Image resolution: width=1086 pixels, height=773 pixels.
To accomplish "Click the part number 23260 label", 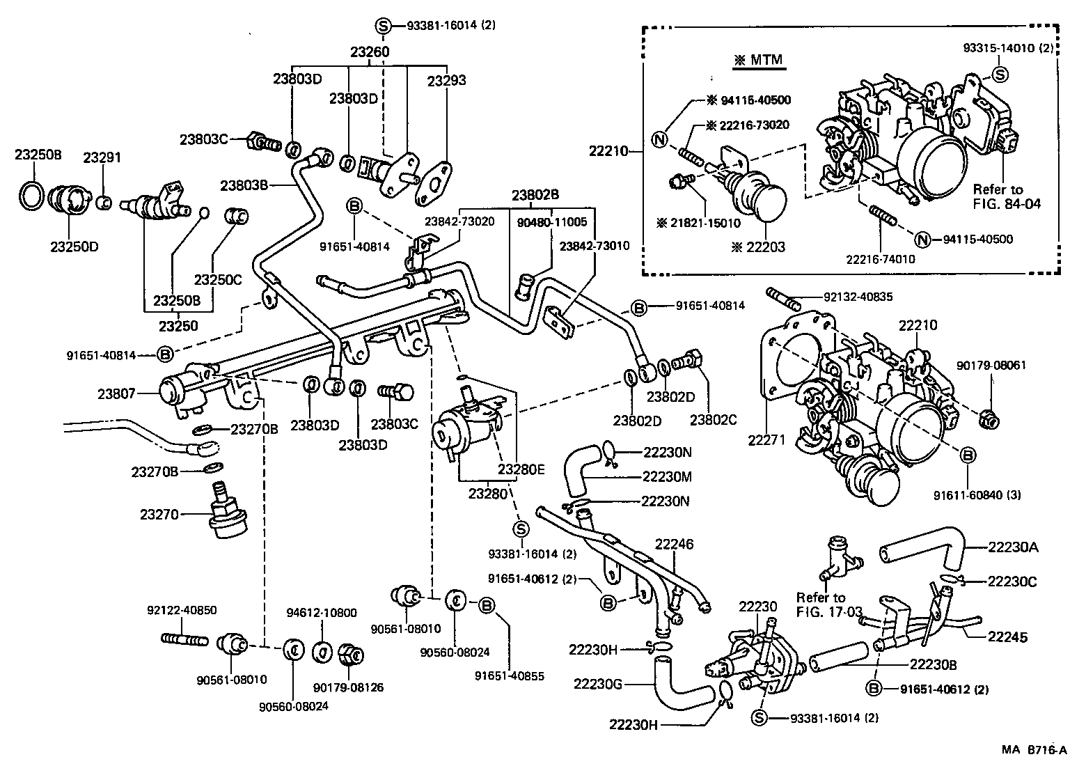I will tap(369, 52).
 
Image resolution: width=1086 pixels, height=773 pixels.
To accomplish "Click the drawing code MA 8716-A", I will tap(1034, 749).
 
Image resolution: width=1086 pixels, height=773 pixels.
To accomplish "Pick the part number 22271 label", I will tap(767, 439).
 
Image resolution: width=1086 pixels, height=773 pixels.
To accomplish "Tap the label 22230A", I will tap(1013, 547).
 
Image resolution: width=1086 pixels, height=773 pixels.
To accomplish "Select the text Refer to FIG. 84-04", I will tap(998, 196).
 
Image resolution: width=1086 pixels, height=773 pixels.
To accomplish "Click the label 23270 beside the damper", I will tap(159, 515).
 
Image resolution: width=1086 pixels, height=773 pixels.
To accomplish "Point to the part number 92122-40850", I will tap(182, 610).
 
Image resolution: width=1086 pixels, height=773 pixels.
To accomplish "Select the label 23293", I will tap(446, 80).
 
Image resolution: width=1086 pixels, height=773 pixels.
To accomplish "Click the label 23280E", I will tap(521, 469).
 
